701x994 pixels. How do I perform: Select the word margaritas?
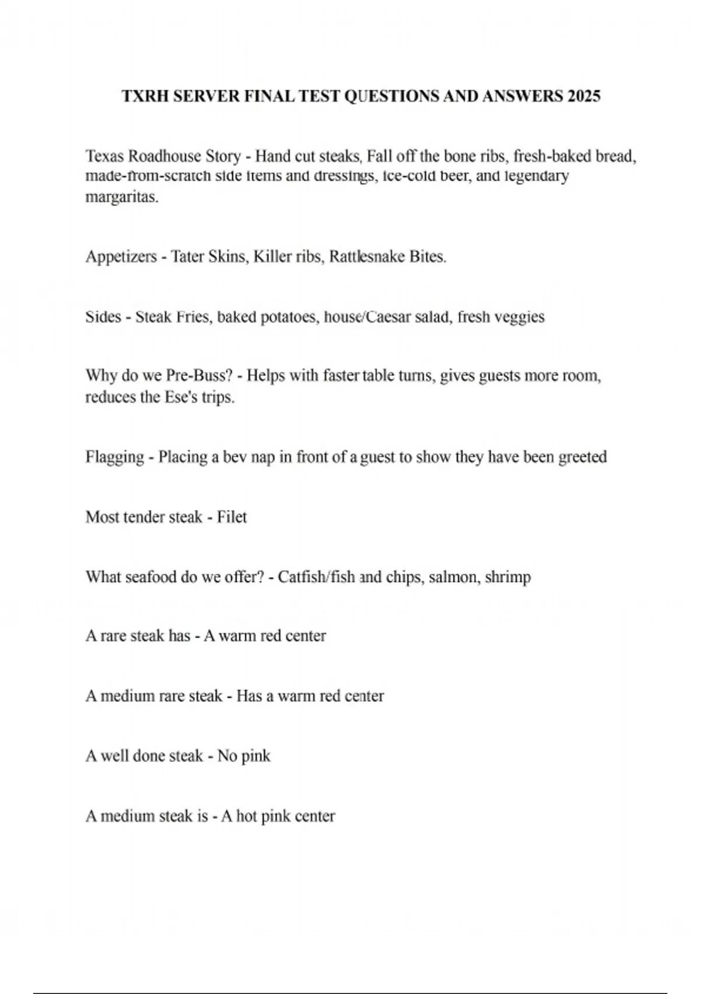[x=122, y=197]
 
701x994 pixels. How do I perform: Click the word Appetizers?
[x=121, y=257]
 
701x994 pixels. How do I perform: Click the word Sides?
[x=103, y=317]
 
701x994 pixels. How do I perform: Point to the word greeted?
[x=582, y=457]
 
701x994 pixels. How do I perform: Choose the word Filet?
[x=232, y=517]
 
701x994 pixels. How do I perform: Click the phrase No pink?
[x=244, y=756]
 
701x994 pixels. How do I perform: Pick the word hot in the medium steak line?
[x=247, y=816]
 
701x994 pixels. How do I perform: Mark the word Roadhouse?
[x=165, y=157]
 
